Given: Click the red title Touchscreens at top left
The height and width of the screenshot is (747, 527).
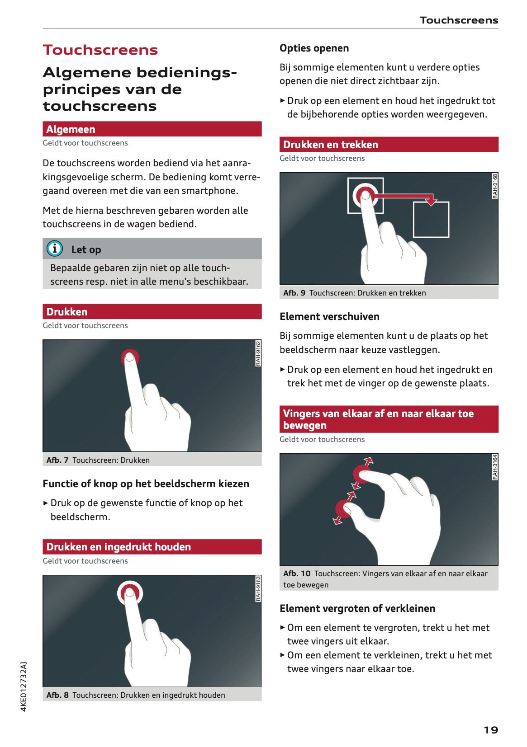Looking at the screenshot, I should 100,50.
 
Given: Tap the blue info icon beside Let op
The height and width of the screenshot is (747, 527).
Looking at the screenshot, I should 55,249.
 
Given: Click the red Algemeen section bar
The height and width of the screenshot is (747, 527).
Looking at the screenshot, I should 152,129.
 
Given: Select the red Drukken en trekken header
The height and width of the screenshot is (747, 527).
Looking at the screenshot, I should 389,145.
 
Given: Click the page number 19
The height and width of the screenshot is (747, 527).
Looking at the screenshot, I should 490,729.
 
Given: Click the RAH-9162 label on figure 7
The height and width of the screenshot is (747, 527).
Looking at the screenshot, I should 258,353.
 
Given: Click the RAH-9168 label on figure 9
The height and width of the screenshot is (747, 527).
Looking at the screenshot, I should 495,186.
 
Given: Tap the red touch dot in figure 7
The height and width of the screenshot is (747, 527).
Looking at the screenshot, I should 130,357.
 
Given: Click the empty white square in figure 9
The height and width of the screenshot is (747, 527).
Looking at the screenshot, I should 431,220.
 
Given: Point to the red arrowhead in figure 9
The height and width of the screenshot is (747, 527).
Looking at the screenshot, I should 431,200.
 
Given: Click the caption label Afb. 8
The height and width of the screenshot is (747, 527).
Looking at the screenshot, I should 57,695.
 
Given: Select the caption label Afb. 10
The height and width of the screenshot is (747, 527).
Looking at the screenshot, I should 296,573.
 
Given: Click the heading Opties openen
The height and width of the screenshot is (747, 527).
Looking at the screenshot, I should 314,48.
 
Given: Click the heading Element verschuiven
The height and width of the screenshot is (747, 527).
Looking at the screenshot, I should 329,316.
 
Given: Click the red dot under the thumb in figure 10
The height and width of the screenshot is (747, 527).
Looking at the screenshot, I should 342,510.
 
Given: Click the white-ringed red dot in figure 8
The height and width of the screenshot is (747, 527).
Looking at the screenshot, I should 130,592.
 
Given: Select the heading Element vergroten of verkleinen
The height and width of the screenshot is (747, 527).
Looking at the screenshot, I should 357,608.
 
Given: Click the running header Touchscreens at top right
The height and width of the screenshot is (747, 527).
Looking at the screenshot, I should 458,20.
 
